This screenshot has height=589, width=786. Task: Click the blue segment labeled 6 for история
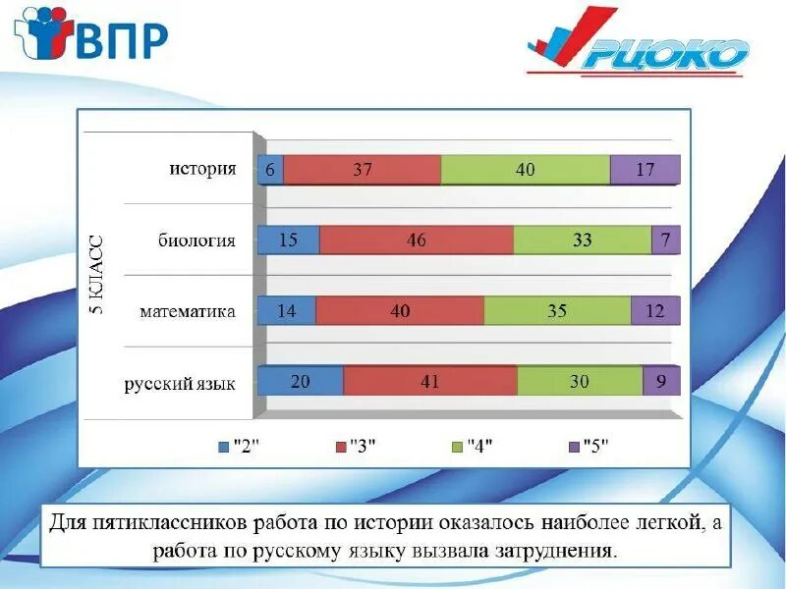270,169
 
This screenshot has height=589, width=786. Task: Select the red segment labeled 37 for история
363,169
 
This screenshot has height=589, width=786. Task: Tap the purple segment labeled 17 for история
645,169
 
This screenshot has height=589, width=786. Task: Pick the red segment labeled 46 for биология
417,240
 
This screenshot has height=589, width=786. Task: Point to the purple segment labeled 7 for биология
665,240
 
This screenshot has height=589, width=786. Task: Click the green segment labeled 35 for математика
557,311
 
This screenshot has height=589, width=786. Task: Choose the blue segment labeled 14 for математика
287,311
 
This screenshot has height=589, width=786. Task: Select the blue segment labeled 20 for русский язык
301,381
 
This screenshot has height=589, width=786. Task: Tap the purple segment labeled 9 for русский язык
660,381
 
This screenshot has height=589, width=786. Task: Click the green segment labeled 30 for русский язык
580,381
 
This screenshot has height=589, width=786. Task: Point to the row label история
202,169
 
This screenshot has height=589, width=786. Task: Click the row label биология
196,240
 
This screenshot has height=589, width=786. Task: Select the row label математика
187,311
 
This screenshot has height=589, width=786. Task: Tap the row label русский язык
180,383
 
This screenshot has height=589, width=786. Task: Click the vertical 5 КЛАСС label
97,276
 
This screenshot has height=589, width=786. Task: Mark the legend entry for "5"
589,446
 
